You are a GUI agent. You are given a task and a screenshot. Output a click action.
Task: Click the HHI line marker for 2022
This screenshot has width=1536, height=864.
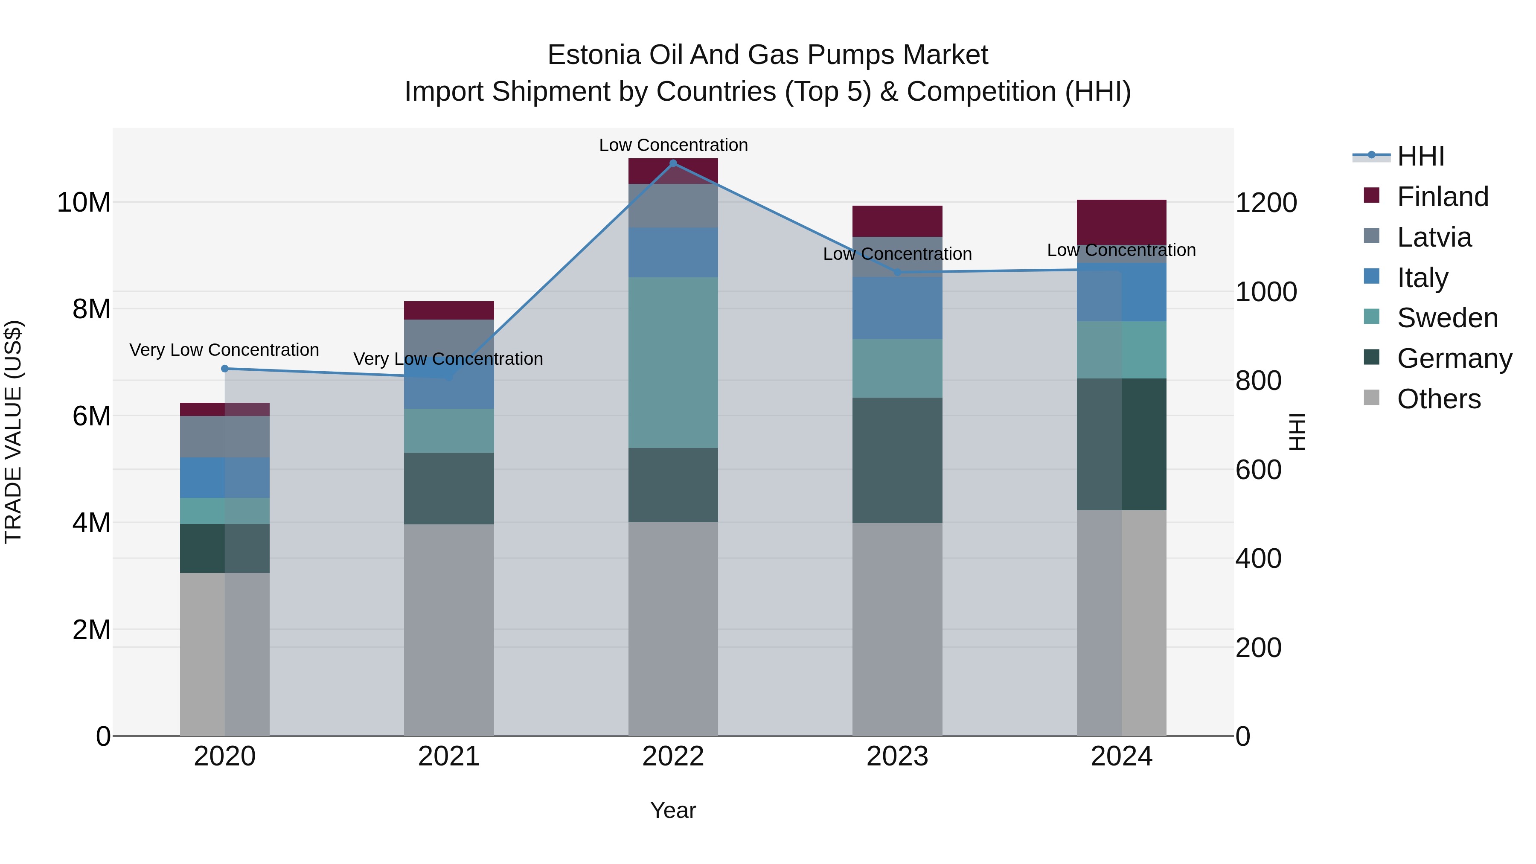pos(673,163)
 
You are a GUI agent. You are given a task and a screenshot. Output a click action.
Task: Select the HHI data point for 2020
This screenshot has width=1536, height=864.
pos(225,369)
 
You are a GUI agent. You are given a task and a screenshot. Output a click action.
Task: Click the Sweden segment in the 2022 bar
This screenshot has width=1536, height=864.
pos(673,363)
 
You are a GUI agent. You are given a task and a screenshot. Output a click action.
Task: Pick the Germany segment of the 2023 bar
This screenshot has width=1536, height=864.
pos(897,460)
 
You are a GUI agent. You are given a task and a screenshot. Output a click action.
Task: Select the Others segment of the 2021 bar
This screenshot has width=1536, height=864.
pos(448,630)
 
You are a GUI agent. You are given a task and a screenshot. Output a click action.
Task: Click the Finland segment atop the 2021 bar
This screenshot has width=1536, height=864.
pos(448,311)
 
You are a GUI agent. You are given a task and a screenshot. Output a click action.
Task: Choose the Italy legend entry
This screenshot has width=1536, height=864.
pos(1422,278)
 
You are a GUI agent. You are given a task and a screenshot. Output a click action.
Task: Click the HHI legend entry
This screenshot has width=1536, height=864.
pos(1420,156)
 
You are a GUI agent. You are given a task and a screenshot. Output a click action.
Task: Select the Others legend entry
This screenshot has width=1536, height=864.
pos(1438,399)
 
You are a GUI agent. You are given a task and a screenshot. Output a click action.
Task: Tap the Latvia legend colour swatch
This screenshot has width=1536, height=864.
pos(1371,236)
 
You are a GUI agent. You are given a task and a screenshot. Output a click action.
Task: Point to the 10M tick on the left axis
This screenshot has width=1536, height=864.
pos(84,203)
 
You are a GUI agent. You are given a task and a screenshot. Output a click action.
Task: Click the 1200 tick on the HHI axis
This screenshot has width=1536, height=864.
pos(1266,203)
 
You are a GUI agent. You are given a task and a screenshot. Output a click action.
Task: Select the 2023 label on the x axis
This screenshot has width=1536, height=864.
pos(897,756)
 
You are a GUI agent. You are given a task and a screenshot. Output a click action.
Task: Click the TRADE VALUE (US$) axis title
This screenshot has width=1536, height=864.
pos(13,432)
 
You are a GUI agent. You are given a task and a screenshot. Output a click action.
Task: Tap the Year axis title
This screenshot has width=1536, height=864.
pos(673,810)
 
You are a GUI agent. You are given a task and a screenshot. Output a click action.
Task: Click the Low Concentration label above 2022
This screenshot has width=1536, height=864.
pos(673,145)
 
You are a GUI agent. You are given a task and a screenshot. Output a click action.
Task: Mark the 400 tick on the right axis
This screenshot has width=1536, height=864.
pos(1258,559)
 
